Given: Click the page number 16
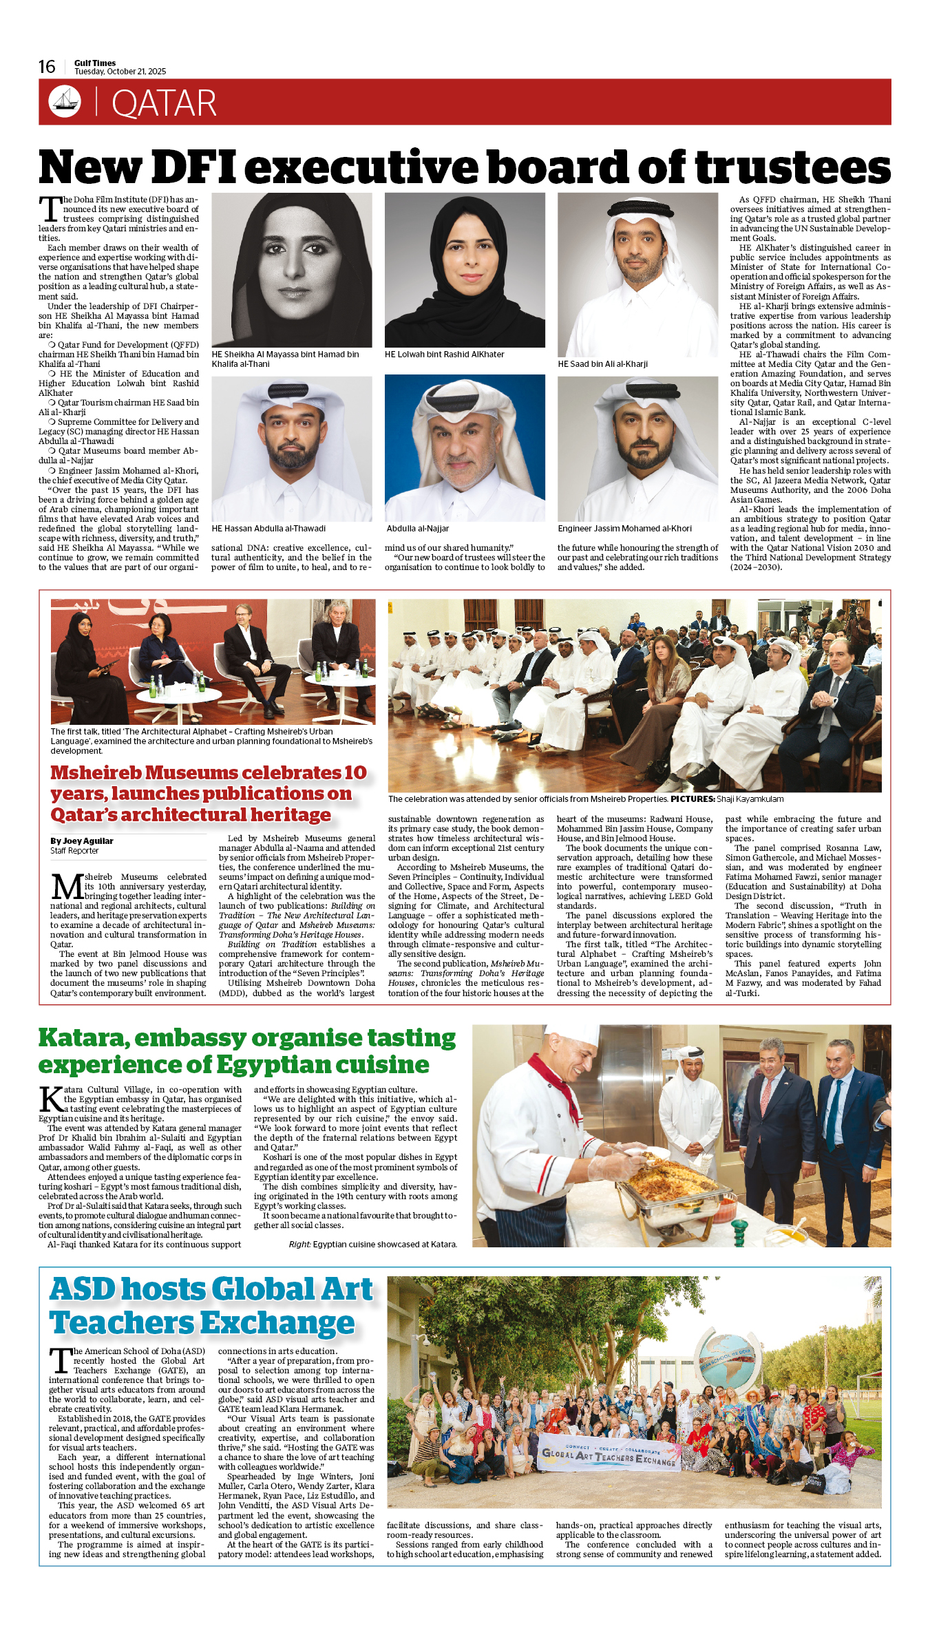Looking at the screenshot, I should tap(47, 67).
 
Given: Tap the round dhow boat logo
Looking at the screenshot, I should tap(65, 101).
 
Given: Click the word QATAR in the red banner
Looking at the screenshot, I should tap(164, 103).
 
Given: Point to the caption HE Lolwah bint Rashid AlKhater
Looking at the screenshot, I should tap(444, 355).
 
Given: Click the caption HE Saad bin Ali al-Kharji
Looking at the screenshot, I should tap(602, 364).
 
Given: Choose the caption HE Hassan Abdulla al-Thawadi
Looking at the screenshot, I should tap(268, 529).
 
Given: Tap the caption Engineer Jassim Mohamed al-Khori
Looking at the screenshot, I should tap(624, 529).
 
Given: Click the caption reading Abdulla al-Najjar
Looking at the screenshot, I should tap(417, 529).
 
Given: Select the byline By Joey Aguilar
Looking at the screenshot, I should tap(81, 841).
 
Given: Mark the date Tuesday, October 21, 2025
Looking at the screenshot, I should tap(120, 72).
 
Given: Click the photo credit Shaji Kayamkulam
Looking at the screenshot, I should tap(750, 799).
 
